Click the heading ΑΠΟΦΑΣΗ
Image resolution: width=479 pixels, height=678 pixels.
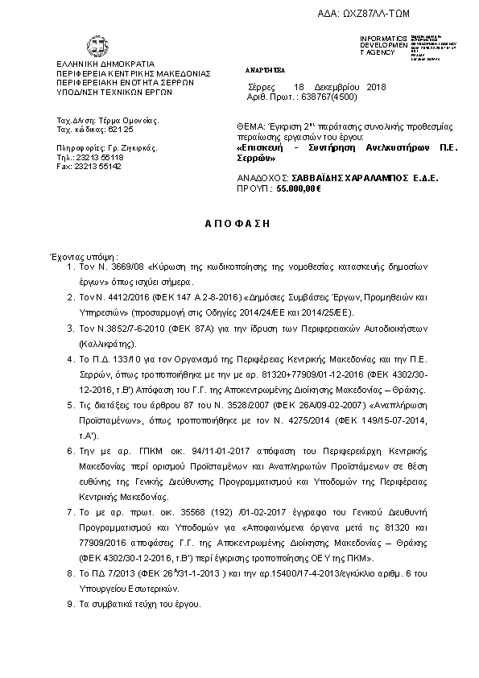point(238,220)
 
